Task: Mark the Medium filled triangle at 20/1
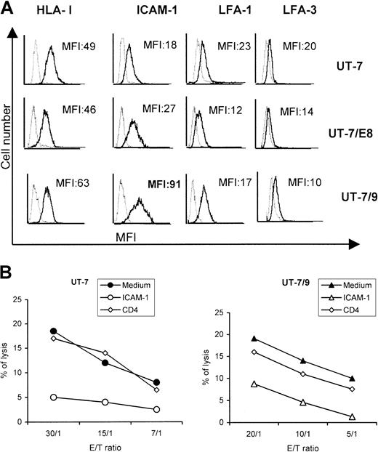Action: pyautogui.click(x=254, y=339)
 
